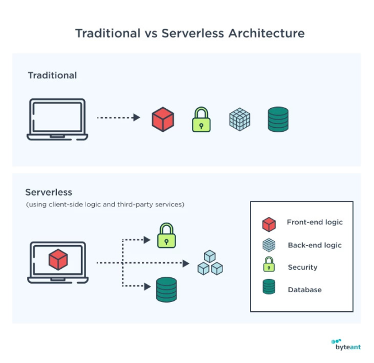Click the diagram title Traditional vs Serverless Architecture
pyautogui.click(x=190, y=33)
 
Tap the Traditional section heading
pyautogui.click(x=52, y=75)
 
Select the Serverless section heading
pyautogui.click(x=49, y=192)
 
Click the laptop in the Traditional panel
pyautogui.click(x=57, y=120)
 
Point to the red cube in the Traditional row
pyautogui.click(x=163, y=120)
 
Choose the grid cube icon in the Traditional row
pyautogui.click(x=240, y=119)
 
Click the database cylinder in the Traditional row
pyautogui.click(x=278, y=120)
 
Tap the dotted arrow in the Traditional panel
pyautogui.click(x=118, y=117)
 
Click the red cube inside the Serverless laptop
pyautogui.click(x=58, y=259)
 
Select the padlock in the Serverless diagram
pyautogui.click(x=167, y=235)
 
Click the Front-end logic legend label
pyautogui.click(x=314, y=223)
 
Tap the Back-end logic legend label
pyautogui.click(x=314, y=245)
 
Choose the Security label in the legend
pyautogui.click(x=302, y=268)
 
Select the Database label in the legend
pyautogui.click(x=304, y=290)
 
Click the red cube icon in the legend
pyautogui.click(x=269, y=224)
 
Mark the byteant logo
pyautogui.click(x=347, y=345)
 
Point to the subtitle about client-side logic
pyautogui.click(x=105, y=205)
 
